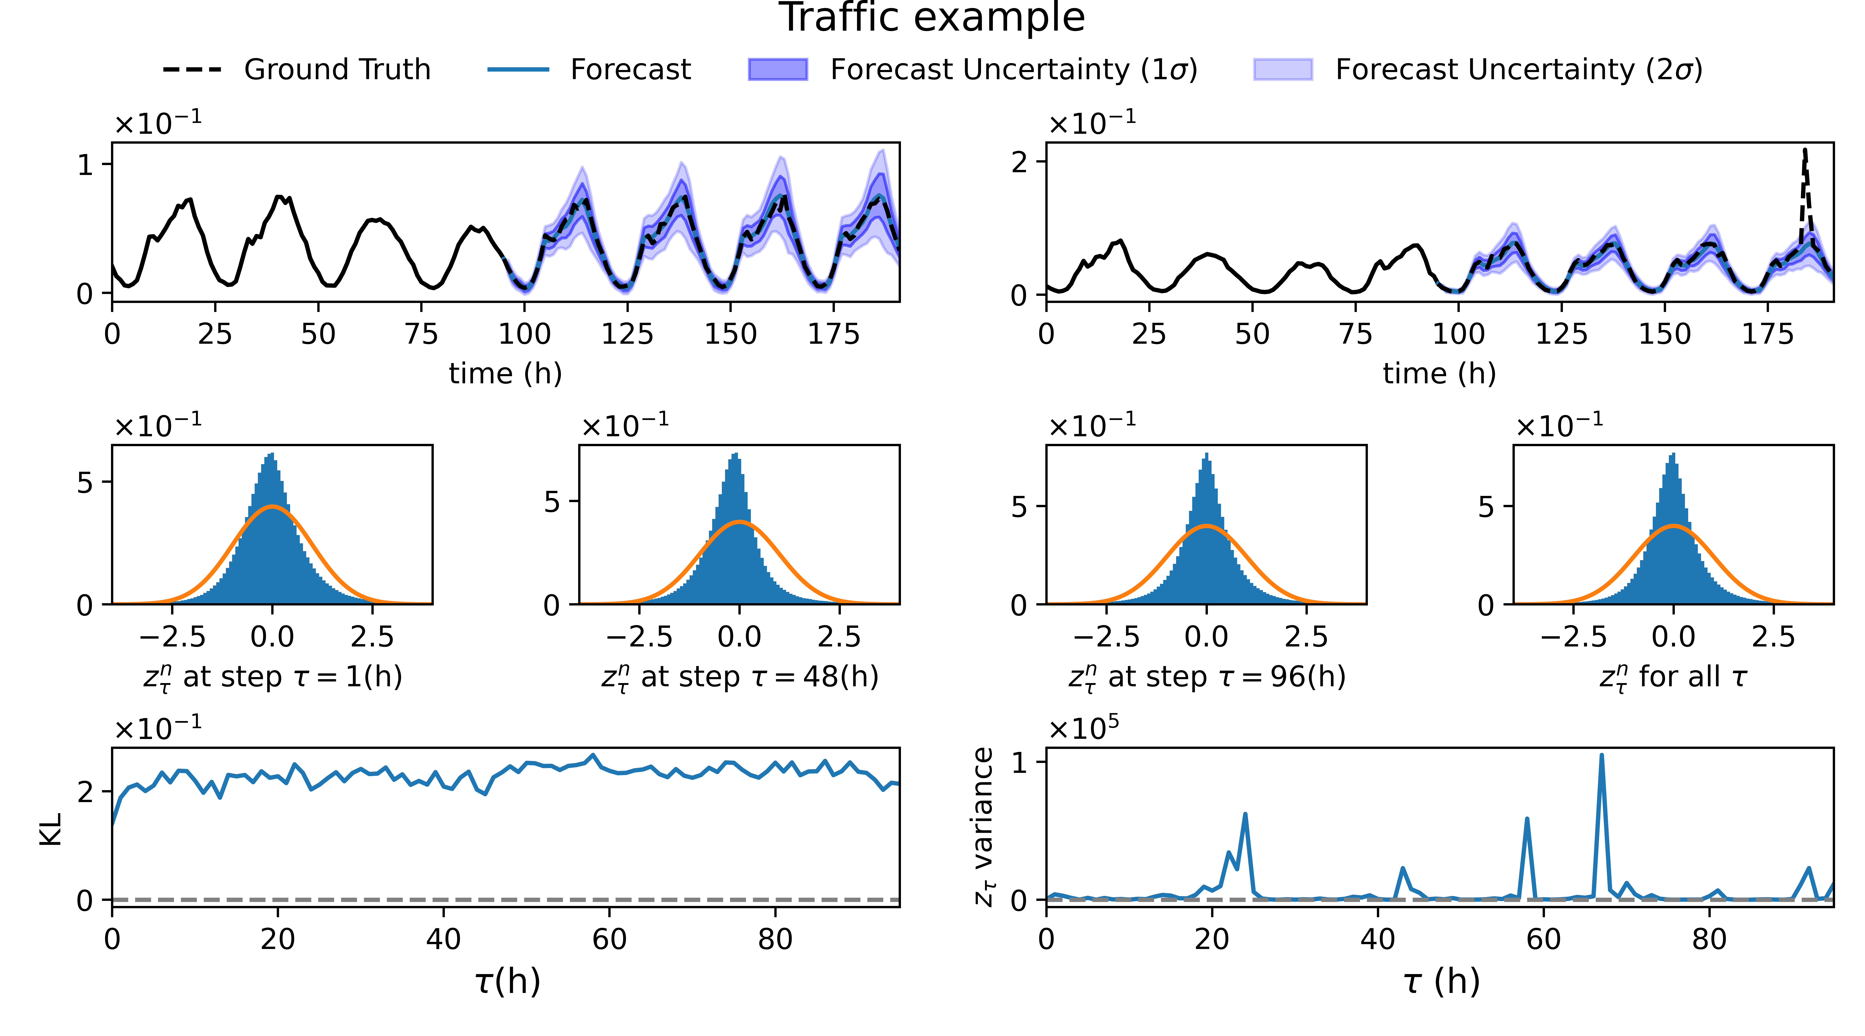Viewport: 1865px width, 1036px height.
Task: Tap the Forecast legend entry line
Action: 518,70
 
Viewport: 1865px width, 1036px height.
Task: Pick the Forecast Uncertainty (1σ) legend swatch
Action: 778,70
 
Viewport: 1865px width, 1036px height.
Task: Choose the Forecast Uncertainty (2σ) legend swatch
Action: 1282,70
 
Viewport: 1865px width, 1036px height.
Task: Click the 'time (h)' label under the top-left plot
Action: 505,374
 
